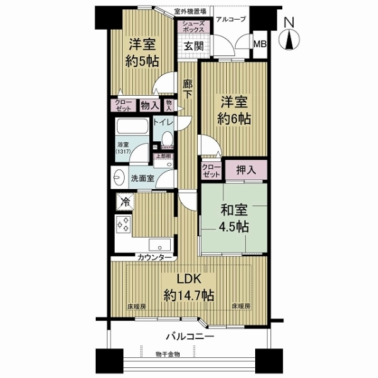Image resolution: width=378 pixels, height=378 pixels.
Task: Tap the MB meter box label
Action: pyautogui.click(x=260, y=43)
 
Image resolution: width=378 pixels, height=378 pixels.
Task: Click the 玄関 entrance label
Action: pyautogui.click(x=192, y=46)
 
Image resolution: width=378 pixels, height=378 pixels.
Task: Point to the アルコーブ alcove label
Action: pyautogui.click(x=231, y=19)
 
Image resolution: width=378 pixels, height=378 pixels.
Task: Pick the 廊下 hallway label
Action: pyautogui.click(x=188, y=89)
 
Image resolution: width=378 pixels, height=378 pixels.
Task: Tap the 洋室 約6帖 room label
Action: pyautogui.click(x=234, y=109)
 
